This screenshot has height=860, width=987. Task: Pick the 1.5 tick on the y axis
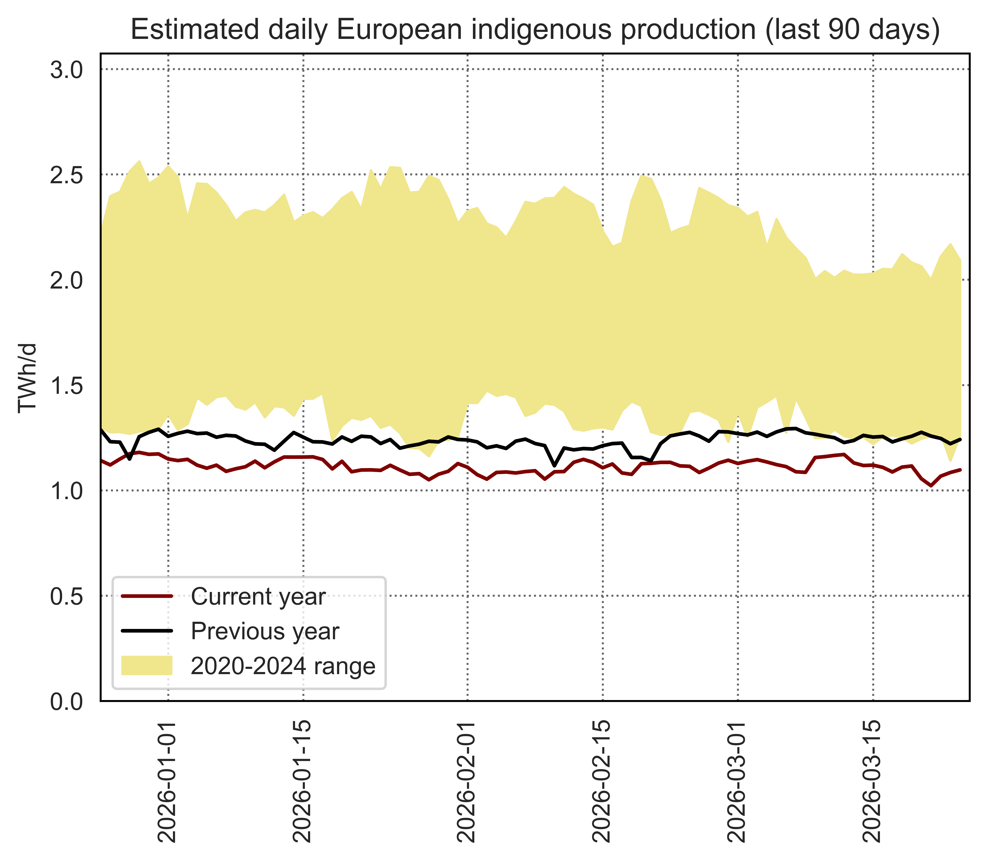coord(67,385)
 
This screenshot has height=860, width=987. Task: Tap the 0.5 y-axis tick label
coord(67,596)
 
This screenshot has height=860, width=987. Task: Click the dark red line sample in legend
coord(146,597)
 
